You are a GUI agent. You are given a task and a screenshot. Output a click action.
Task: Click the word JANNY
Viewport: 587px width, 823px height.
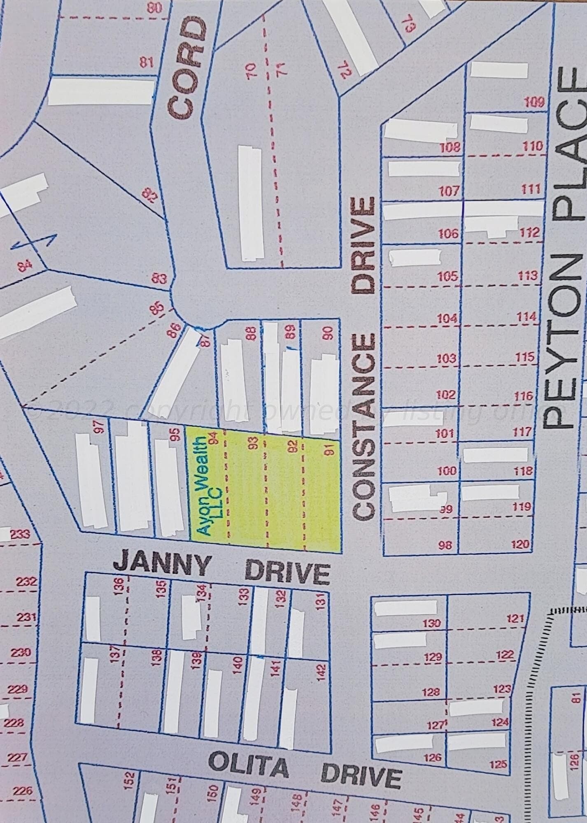pyautogui.click(x=162, y=565)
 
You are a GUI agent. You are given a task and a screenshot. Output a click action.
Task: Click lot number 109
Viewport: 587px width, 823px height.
pyautogui.click(x=535, y=102)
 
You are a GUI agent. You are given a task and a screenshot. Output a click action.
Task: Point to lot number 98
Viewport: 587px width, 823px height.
pyautogui.click(x=445, y=545)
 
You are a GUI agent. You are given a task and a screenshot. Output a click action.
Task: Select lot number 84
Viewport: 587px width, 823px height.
pyautogui.click(x=25, y=267)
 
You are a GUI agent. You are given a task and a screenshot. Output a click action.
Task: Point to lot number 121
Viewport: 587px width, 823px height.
pyautogui.click(x=515, y=618)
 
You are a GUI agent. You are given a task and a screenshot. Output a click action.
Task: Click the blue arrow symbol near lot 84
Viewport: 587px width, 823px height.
pyautogui.click(x=33, y=243)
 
